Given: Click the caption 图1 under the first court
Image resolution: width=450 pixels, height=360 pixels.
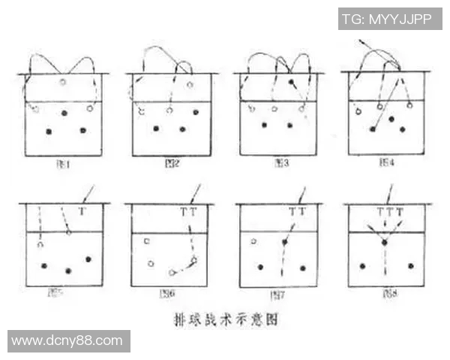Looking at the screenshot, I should [x=64, y=162].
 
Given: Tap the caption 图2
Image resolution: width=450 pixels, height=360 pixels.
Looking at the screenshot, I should [x=171, y=162].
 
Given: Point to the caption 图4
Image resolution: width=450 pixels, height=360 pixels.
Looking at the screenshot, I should [x=387, y=162].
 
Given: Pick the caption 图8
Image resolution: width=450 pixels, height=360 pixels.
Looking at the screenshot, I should [x=385, y=292].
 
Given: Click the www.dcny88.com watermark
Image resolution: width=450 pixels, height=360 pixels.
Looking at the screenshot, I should [x=67, y=340].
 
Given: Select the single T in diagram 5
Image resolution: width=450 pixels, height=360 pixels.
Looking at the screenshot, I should [x=82, y=212].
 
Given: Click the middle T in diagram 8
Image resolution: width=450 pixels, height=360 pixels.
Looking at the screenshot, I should [x=388, y=212].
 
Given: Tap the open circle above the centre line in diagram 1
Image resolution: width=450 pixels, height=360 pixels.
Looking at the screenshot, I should [x=63, y=82].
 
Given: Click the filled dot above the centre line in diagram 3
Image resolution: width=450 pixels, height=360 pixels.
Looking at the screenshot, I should [x=291, y=81].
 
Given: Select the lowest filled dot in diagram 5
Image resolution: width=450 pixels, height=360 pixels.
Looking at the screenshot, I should [x=68, y=271].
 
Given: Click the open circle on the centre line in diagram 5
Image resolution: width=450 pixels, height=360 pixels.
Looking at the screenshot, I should [x=68, y=232].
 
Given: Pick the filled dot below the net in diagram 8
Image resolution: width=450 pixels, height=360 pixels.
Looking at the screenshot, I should [x=384, y=243].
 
